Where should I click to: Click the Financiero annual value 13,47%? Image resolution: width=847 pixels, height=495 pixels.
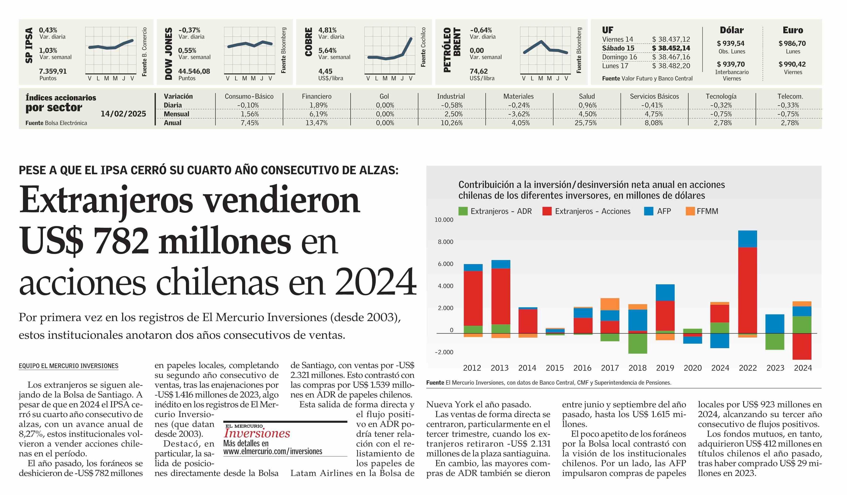tap(317, 123)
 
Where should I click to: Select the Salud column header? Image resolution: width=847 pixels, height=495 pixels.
tap(587, 97)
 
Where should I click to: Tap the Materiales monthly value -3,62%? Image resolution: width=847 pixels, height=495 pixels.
tap(519, 114)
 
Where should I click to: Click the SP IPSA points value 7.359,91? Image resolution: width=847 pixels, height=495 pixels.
tap(53, 71)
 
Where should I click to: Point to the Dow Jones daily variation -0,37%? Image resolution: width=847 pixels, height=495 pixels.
tap(189, 30)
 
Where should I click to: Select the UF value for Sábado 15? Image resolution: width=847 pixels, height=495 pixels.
tap(671, 48)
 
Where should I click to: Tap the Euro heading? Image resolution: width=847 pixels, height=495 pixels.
tap(793, 30)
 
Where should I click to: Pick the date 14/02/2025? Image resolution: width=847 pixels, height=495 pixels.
tap(123, 114)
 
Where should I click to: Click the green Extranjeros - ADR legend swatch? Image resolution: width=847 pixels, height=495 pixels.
tap(463, 211)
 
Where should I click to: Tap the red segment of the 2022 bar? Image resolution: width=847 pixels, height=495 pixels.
tap(747, 291)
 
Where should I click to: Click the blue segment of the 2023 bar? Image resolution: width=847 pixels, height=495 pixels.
tap(775, 324)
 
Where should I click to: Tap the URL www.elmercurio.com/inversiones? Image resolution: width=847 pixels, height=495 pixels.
tap(273, 451)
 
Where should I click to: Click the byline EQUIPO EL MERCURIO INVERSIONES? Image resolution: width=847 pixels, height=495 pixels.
tap(69, 366)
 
